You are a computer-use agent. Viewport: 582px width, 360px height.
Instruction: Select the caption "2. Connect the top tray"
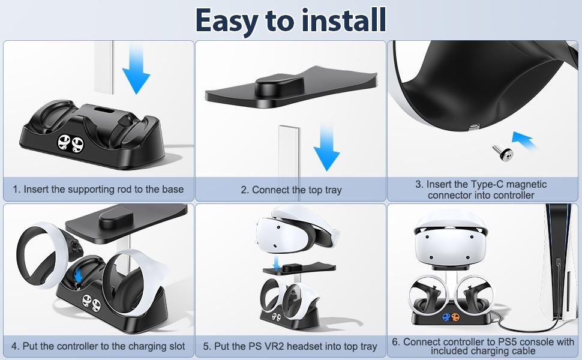point(290,190)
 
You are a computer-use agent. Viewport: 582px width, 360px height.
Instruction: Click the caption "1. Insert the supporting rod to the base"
point(98,190)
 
